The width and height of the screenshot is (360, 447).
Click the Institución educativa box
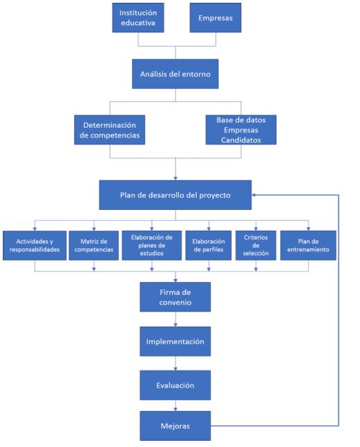(x=138, y=18)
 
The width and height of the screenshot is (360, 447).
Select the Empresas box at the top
(x=216, y=18)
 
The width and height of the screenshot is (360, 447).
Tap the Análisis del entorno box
(x=176, y=74)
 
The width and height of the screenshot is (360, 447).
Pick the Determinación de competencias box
(x=110, y=130)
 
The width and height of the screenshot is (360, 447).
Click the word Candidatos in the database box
(x=241, y=140)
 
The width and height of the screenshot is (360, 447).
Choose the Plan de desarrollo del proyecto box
(x=176, y=195)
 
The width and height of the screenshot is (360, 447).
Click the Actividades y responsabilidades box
(x=35, y=245)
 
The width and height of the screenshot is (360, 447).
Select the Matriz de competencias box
(x=94, y=245)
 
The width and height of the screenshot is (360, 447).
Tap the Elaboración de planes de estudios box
(x=151, y=245)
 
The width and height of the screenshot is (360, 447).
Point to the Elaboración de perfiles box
(x=209, y=245)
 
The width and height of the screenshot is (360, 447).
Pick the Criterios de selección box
(x=256, y=245)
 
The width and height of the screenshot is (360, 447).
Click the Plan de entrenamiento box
(x=308, y=245)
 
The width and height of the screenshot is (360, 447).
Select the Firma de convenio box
(x=176, y=297)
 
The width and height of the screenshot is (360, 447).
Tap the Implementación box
(x=176, y=341)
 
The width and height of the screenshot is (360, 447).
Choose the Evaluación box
(x=176, y=385)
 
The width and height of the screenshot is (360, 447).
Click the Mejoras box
(x=176, y=426)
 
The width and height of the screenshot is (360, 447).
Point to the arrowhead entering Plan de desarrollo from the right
(x=254, y=195)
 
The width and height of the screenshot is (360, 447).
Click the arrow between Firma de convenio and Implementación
(x=176, y=319)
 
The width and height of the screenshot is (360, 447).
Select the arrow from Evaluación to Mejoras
(x=176, y=406)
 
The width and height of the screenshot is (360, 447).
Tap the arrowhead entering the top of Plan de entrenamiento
(x=308, y=229)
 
